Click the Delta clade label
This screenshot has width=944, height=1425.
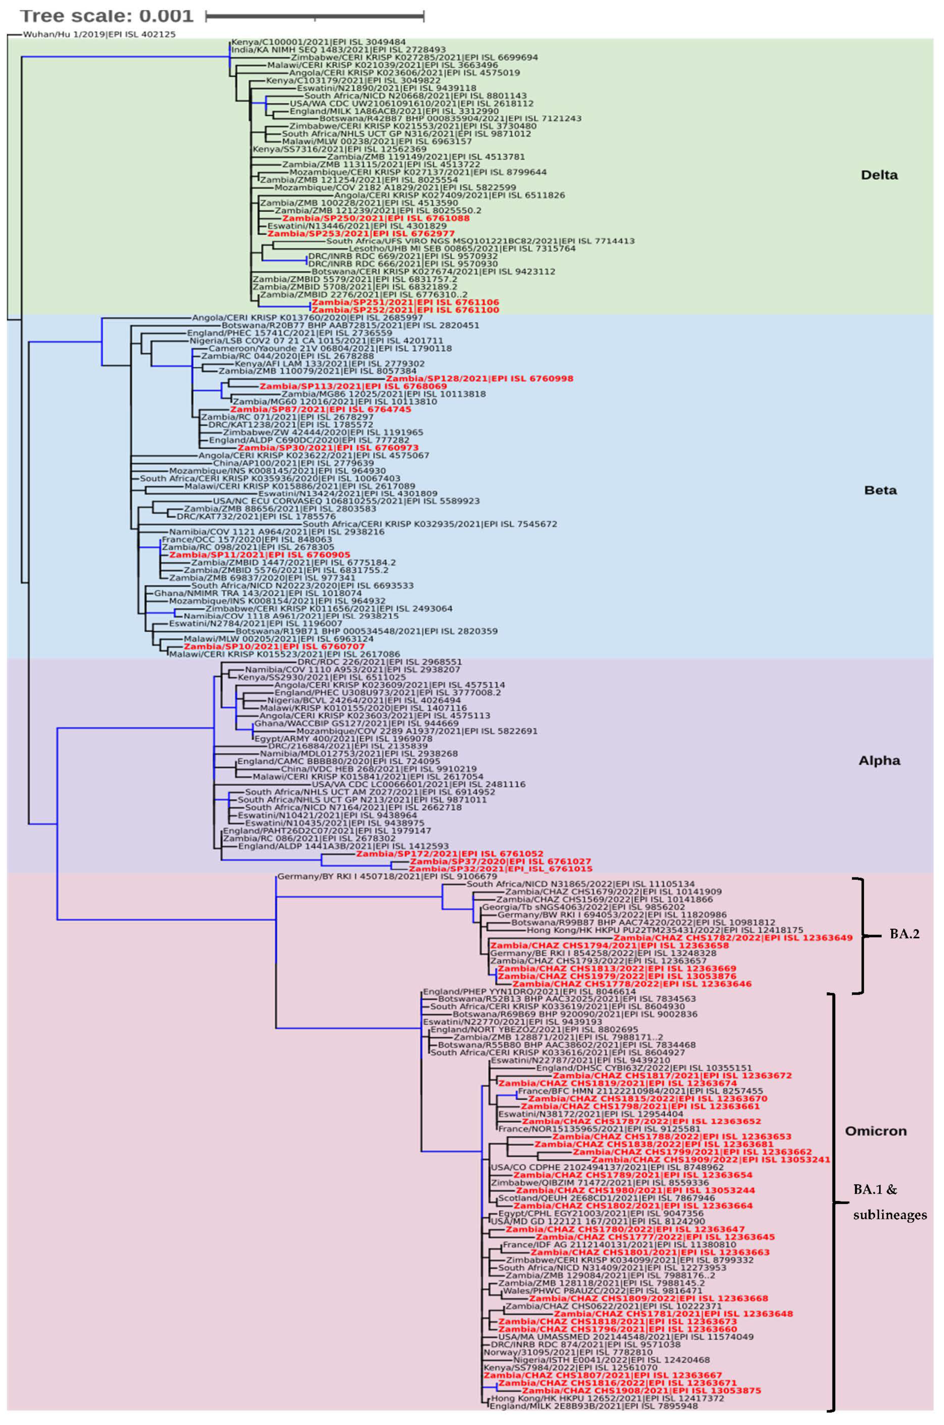pos(879,175)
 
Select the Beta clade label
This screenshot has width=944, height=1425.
pos(880,490)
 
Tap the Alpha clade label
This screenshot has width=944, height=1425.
pos(879,761)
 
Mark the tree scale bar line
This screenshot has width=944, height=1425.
pos(314,16)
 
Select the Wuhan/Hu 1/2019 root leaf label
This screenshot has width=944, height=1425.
pos(99,35)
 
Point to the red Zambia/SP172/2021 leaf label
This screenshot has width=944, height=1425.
pos(449,853)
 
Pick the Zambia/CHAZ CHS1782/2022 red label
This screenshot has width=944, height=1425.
pos(733,937)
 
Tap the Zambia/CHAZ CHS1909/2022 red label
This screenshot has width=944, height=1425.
pos(710,1160)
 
